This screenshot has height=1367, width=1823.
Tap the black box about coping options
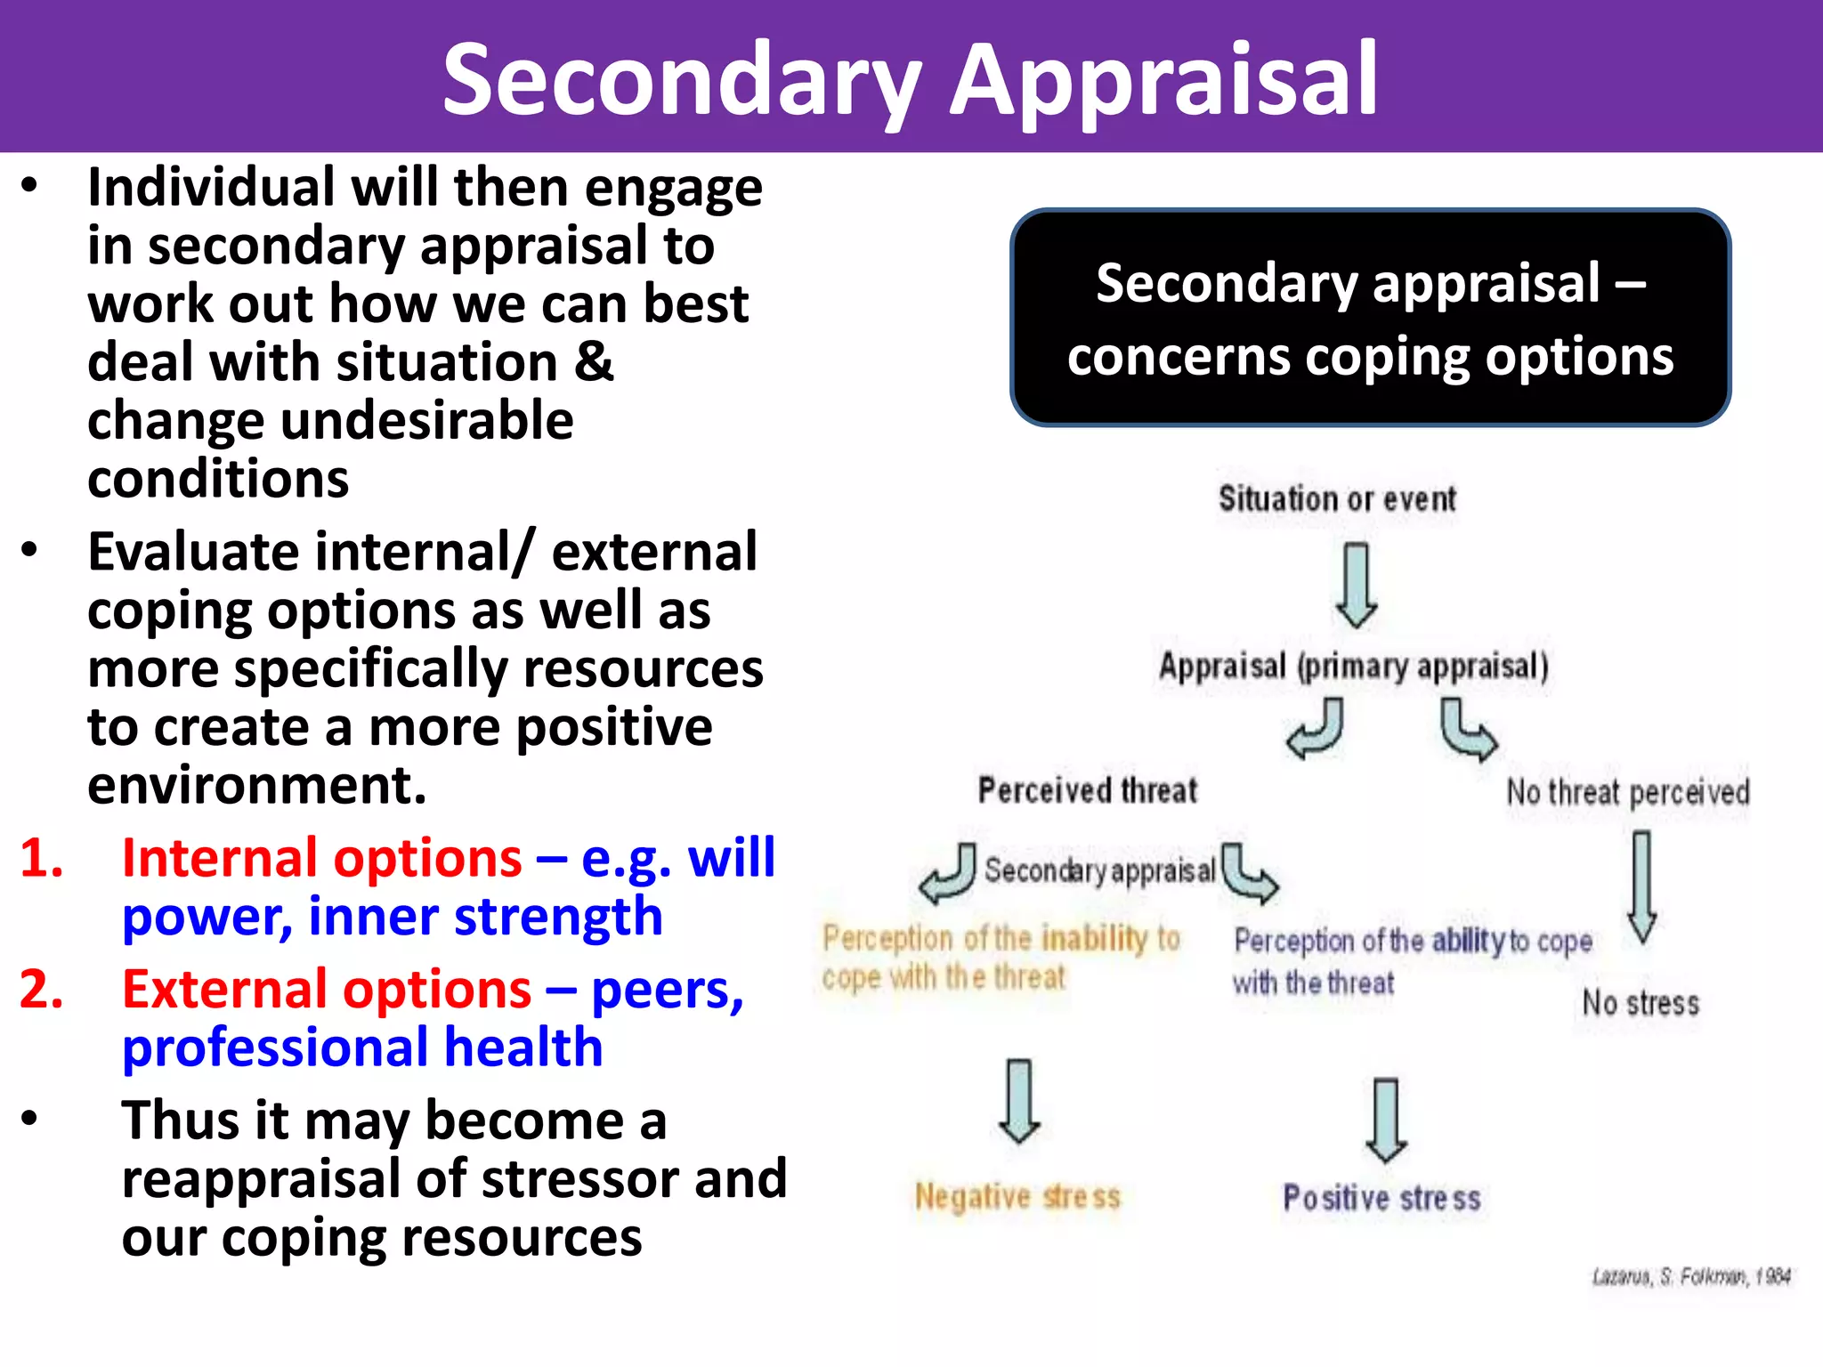tap(1370, 318)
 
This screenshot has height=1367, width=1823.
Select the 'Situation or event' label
tap(1336, 499)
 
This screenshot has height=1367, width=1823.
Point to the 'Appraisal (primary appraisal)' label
tap(1353, 667)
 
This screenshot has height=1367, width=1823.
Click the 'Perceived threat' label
tap(1087, 790)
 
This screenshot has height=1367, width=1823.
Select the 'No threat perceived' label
tap(1627, 792)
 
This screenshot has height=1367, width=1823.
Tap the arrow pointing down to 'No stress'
tap(1642, 886)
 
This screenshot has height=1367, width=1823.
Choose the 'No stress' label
tap(1641, 1003)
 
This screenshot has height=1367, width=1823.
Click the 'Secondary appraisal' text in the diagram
tap(1099, 870)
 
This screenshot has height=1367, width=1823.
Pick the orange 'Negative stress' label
tap(1017, 1197)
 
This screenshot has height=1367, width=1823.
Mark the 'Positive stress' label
tap(1381, 1198)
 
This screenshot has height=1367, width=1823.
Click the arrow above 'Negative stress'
tap(1019, 1100)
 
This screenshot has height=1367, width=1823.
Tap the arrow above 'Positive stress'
tap(1386, 1120)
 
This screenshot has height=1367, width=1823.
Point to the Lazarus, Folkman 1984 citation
tap(1690, 1277)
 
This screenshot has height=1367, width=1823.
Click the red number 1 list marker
tap(41, 859)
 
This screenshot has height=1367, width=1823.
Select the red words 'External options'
tap(327, 990)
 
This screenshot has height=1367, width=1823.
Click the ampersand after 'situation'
tap(594, 362)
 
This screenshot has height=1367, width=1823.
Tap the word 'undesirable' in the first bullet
tap(426, 421)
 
